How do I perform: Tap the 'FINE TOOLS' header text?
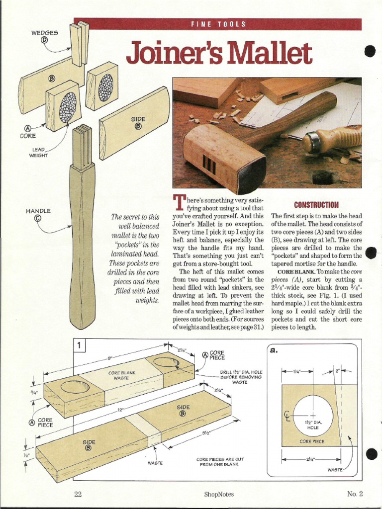tap(218, 24)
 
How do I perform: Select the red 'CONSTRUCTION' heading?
tap(316, 205)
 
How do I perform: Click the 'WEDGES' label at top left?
tap(45, 33)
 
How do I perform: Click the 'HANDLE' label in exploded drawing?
tap(38, 211)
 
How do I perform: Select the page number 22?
tap(78, 494)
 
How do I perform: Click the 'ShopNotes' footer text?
tap(218, 494)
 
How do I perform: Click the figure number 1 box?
tap(80, 344)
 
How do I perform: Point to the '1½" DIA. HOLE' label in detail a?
tap(313, 425)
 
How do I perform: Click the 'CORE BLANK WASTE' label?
tap(122, 375)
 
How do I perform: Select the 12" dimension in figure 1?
tap(120, 410)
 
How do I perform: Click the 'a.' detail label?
tap(273, 350)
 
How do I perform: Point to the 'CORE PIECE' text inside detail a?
tap(312, 441)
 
